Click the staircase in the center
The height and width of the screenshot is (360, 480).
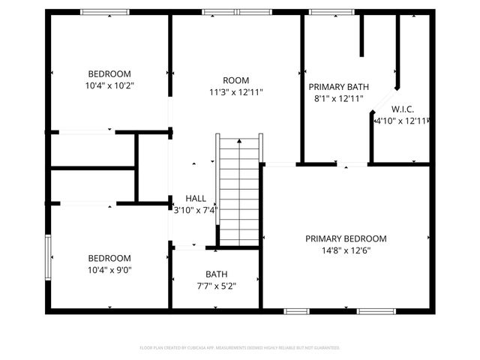pyautogui.click(x=239, y=192)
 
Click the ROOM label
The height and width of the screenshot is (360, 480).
pyautogui.click(x=235, y=80)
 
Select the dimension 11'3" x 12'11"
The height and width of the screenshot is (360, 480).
pyautogui.click(x=235, y=92)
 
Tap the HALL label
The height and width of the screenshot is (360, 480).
pyautogui.click(x=196, y=198)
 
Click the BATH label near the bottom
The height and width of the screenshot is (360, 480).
pyautogui.click(x=217, y=274)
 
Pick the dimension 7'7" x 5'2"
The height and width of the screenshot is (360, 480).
pyautogui.click(x=217, y=286)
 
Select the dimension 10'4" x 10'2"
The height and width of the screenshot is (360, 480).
pyautogui.click(x=109, y=85)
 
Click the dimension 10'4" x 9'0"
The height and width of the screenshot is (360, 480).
pyautogui.click(x=109, y=269)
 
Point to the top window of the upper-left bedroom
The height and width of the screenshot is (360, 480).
pyautogui.click(x=104, y=12)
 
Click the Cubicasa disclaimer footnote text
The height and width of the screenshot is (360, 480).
pyautogui.click(x=240, y=348)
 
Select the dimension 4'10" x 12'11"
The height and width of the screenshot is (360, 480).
pyautogui.click(x=401, y=121)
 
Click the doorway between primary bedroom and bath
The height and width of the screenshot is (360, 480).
pyautogui.click(x=346, y=163)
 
